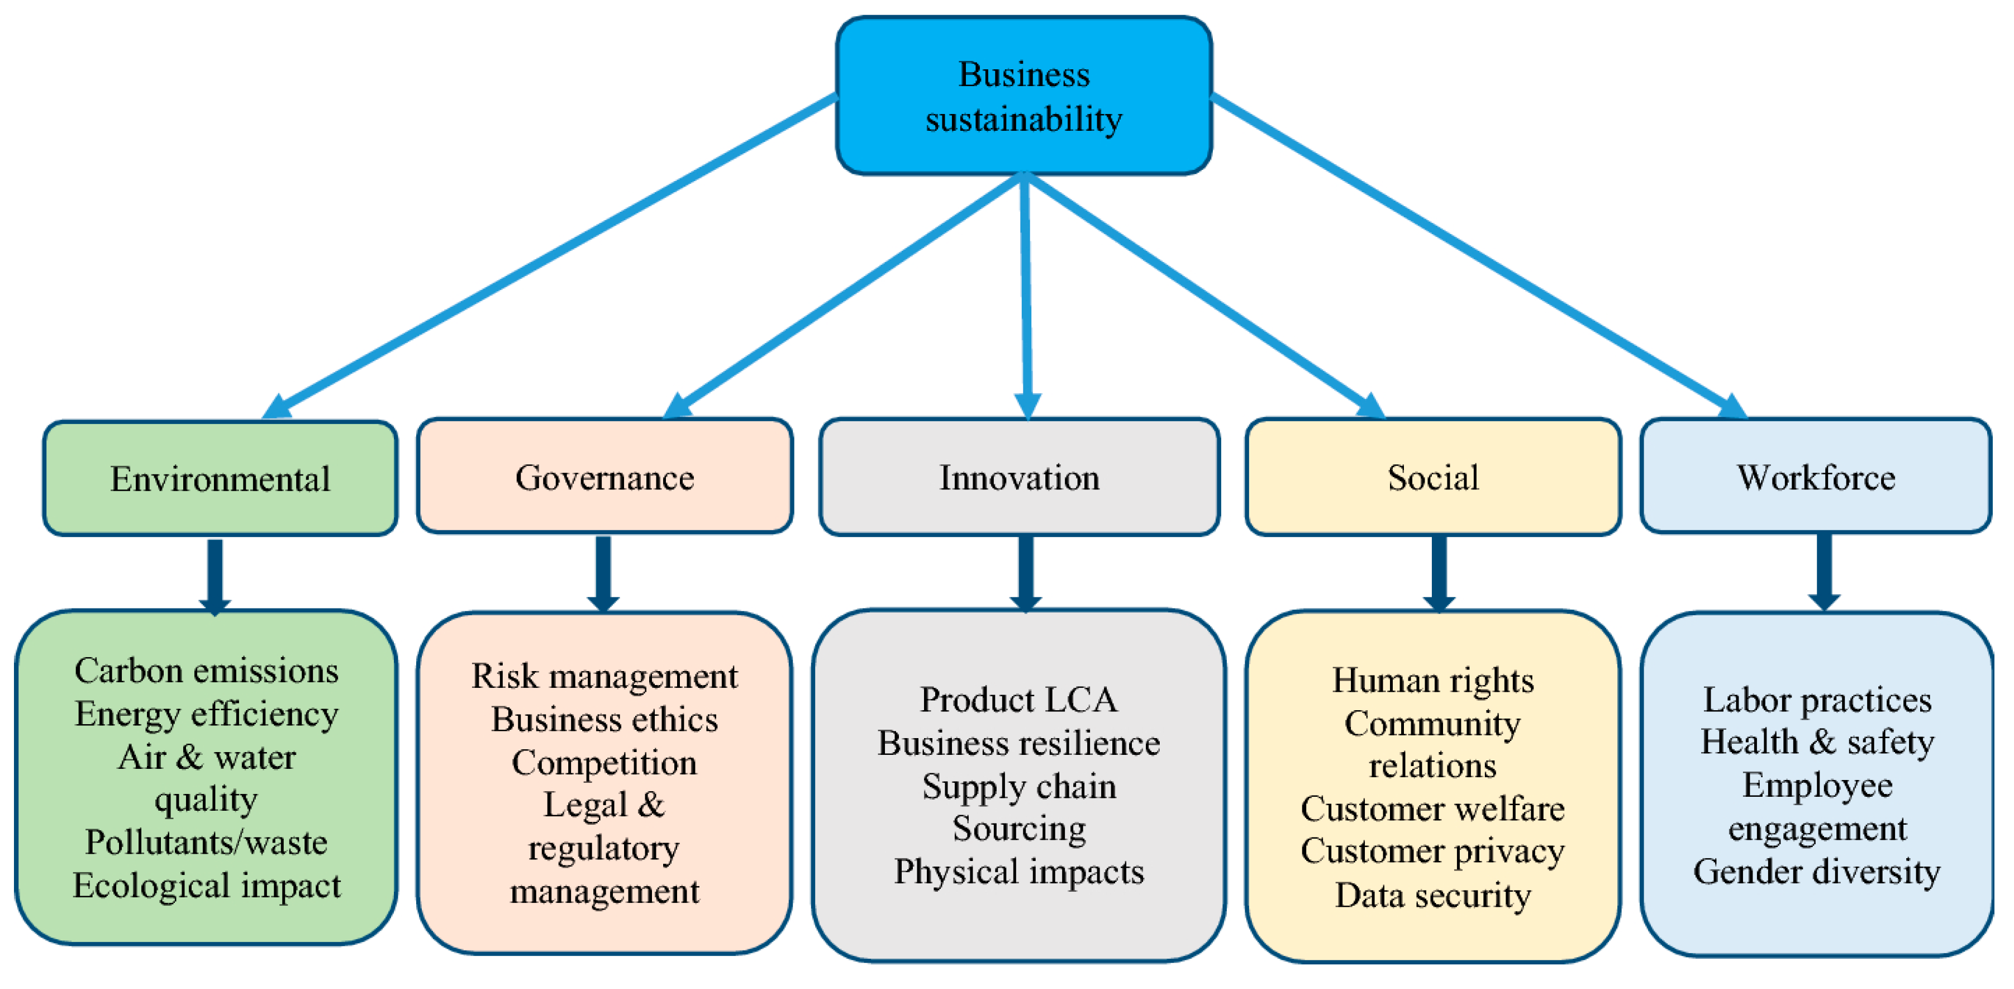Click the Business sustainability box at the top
coord(1023,96)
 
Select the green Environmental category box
coord(220,478)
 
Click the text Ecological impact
coord(206,886)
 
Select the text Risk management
coord(604,676)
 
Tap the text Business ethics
coord(604,719)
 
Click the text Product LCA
coord(1018,700)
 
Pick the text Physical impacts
coord(1018,872)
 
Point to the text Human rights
coord(1432,680)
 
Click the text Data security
coord(1432,895)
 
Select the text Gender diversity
coord(1816,872)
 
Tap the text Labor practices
coord(1816,700)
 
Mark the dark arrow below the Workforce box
coord(1823,572)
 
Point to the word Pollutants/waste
coord(206,843)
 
